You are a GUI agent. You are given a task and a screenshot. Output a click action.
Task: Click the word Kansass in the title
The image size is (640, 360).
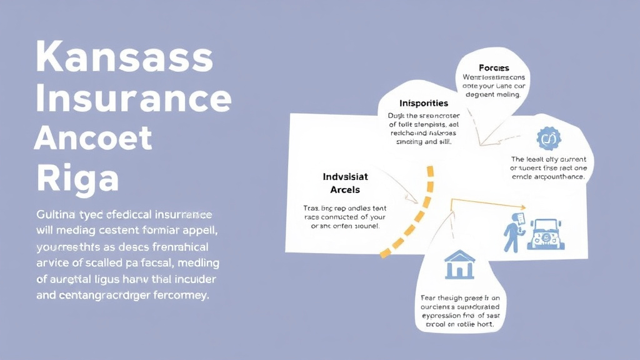(124, 57)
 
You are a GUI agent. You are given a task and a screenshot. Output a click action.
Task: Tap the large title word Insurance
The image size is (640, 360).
(133, 98)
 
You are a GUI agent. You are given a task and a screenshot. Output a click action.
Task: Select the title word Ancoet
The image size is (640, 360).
(93, 138)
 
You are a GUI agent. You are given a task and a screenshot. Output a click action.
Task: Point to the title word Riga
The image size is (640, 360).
(77, 178)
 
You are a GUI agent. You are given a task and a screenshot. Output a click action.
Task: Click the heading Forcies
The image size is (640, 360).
(494, 67)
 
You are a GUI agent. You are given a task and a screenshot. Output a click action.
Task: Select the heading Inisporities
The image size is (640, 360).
(424, 102)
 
